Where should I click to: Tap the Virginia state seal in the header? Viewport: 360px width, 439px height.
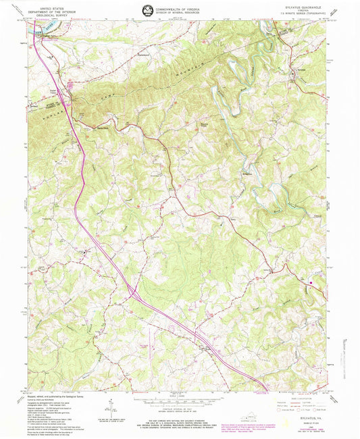147,9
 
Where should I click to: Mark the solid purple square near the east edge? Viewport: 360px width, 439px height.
311,282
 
